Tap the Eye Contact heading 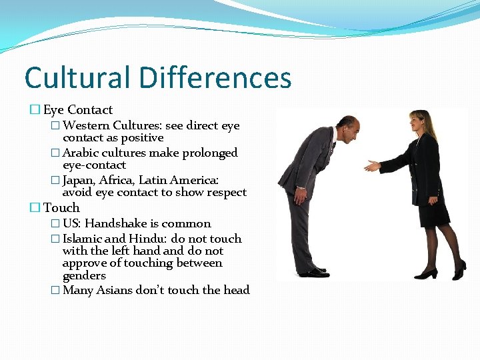(x=78, y=110)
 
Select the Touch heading (x=61, y=208)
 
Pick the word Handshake (x=116, y=223)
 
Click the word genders (x=84, y=275)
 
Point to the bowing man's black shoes (x=313, y=272)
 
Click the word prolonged (x=207, y=153)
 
